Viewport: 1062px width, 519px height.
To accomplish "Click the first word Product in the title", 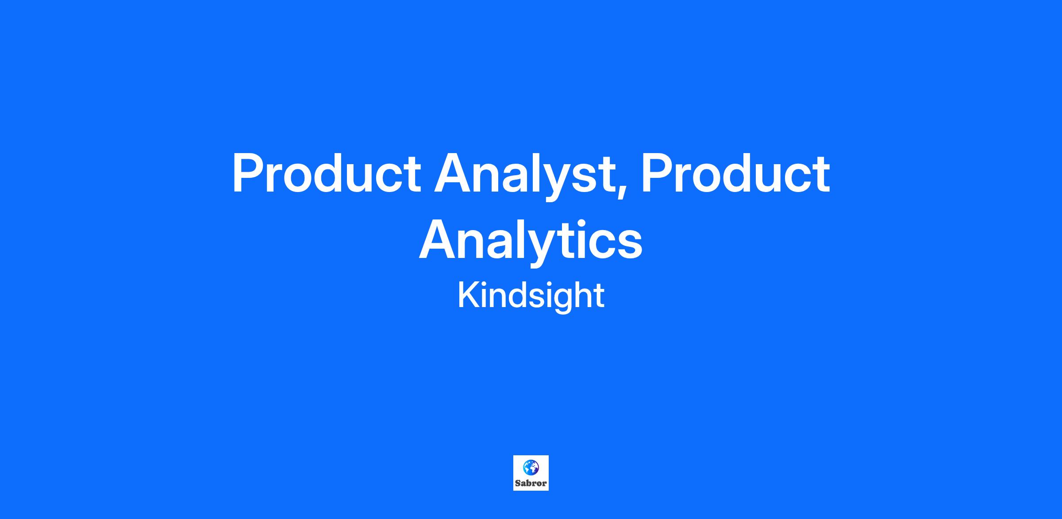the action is point(327,173).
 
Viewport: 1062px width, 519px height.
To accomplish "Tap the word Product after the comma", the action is point(735,173).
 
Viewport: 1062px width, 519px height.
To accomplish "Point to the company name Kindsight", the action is point(531,296).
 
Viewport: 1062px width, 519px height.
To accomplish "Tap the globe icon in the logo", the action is point(531,467).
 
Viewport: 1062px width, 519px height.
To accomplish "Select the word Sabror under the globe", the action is point(531,483).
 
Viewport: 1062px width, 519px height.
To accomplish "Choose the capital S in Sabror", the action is point(518,483).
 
